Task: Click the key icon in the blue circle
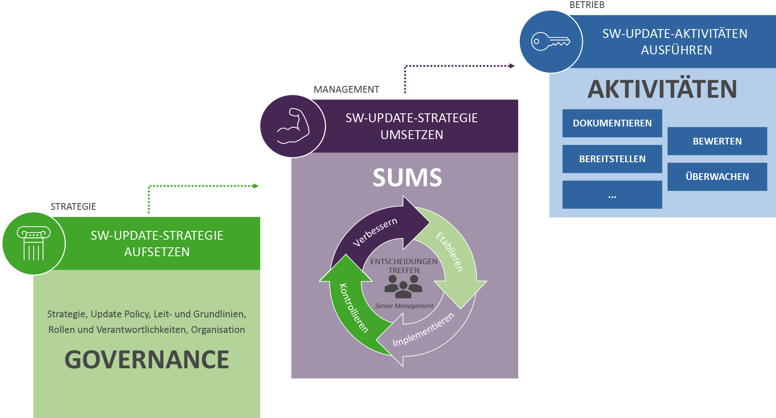(551, 42)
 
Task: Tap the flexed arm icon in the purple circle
(292, 126)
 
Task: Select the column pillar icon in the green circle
(33, 244)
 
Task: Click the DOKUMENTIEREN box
(612, 123)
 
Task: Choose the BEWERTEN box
(717, 141)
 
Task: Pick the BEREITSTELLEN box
(612, 159)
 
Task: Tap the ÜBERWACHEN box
(717, 177)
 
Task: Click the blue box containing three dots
(612, 195)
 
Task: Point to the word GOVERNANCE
(146, 359)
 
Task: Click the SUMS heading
(407, 177)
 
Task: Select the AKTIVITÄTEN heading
(662, 89)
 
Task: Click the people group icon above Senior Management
(403, 287)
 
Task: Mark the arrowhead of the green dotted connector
(256, 186)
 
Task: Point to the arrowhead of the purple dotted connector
(512, 66)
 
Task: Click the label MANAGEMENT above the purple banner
(346, 89)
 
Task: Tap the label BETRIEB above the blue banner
(587, 5)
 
